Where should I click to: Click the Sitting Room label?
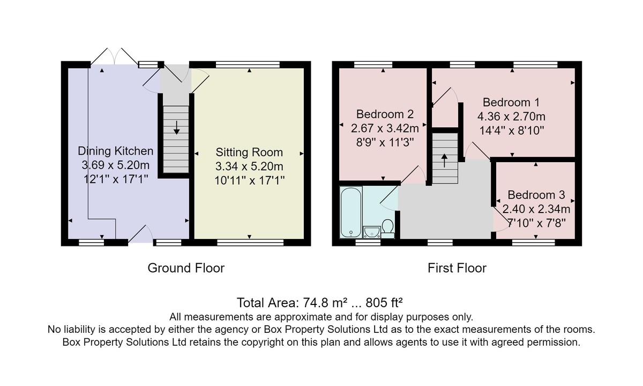[249, 152]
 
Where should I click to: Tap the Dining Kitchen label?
[116, 151]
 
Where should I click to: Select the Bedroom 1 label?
[511, 103]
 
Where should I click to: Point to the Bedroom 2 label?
[385, 114]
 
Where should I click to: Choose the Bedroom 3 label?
[536, 195]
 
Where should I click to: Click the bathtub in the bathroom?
[351, 212]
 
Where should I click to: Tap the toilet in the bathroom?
[388, 229]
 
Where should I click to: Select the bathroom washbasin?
[372, 232]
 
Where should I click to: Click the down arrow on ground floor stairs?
[176, 127]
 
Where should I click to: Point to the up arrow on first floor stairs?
[444, 161]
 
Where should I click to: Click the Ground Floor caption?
[186, 268]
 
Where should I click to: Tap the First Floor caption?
[457, 268]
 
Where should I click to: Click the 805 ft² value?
[384, 303]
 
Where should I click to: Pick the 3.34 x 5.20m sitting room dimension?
[249, 166]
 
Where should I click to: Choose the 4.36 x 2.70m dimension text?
[511, 116]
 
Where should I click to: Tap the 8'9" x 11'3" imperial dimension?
[385, 142]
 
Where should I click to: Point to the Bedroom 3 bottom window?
[534, 243]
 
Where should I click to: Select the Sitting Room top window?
[248, 65]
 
